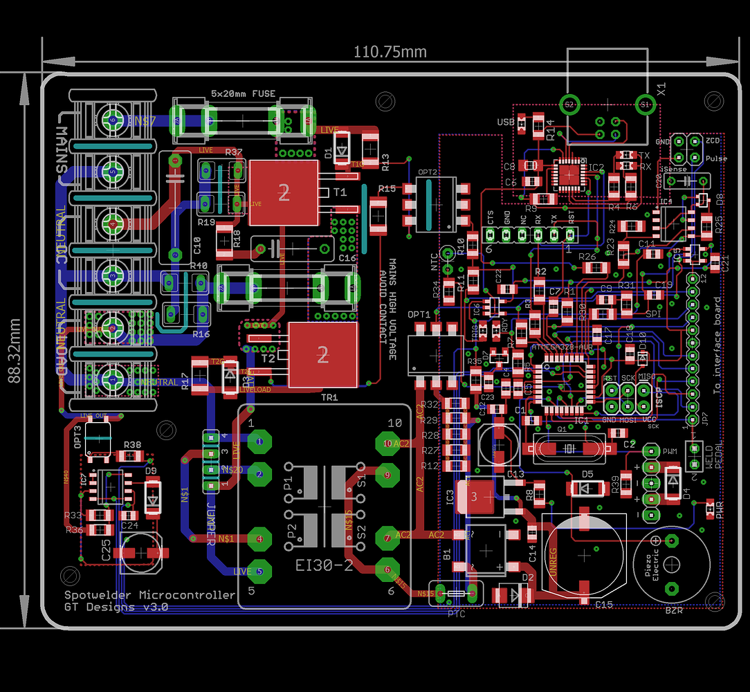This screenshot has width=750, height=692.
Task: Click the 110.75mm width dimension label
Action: pos(390,52)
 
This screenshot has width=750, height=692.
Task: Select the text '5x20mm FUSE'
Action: pos(242,93)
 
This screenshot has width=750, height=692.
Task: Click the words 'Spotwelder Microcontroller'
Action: pos(149,595)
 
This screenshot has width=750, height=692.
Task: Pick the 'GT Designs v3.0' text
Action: pos(116,608)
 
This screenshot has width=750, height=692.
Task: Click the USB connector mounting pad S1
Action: pos(645,104)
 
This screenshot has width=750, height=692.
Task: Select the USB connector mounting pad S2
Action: pos(569,104)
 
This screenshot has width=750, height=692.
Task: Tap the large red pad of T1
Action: pos(283,193)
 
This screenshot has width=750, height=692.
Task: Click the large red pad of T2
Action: pos(323,356)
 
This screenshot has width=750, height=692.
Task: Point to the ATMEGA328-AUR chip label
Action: pos(560,345)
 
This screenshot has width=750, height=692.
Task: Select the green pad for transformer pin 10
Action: pos(387,442)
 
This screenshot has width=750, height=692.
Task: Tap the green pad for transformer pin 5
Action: pos(259,572)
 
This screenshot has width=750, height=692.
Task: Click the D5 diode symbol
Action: pos(587,488)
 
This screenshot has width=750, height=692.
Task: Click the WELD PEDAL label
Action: pos(713,456)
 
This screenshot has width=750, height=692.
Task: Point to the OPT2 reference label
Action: pos(427,172)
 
